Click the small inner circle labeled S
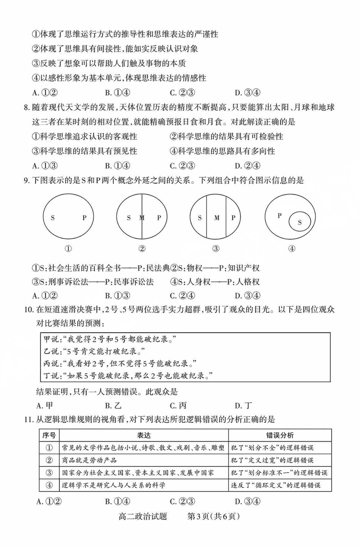(300, 222)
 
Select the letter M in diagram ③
(216, 218)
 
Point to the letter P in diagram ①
(84, 218)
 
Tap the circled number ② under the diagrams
(142, 248)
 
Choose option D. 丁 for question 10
(242, 405)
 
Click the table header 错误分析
(280, 435)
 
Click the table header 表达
(144, 435)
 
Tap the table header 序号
(49, 435)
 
